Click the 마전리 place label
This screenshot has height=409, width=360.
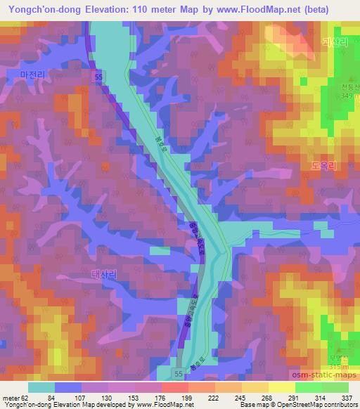(x=32, y=73)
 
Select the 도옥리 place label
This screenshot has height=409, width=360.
(x=323, y=167)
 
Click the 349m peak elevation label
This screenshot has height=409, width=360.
(x=346, y=96)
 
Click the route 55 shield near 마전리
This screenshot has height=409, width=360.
(x=103, y=74)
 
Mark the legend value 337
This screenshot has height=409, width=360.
(x=347, y=398)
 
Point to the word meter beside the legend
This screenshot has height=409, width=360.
(x=9, y=398)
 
